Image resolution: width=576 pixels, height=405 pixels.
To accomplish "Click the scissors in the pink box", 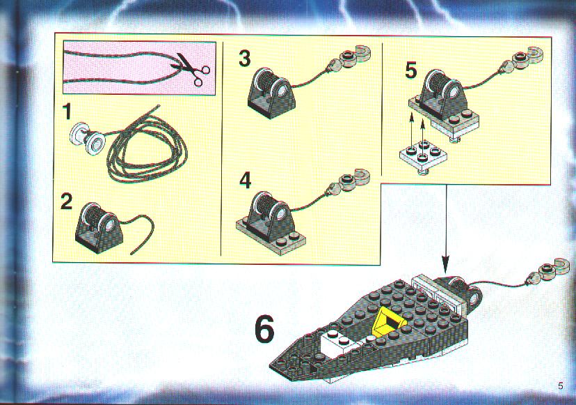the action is pos(192,69).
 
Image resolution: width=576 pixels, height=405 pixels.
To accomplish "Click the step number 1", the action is pos(67,112).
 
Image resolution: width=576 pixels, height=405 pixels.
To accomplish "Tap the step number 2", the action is pos(67,201).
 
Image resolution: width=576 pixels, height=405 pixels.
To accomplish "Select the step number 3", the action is pos(245,58).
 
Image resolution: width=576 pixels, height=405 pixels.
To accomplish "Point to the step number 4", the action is pos(246,181).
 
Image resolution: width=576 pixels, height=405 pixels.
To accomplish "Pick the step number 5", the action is pos(411,70).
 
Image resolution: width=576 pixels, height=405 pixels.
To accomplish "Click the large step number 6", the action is pos(264,330).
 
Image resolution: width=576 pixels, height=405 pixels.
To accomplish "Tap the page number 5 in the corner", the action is pos(560,386).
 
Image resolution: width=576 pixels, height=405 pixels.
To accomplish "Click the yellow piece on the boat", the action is pos(389,321).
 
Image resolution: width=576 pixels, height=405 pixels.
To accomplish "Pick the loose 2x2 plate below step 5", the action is pos(423,155).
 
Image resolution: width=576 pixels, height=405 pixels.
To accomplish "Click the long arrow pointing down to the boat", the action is pos(446,228).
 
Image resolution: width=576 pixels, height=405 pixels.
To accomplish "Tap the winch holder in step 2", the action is pos(97,227).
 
